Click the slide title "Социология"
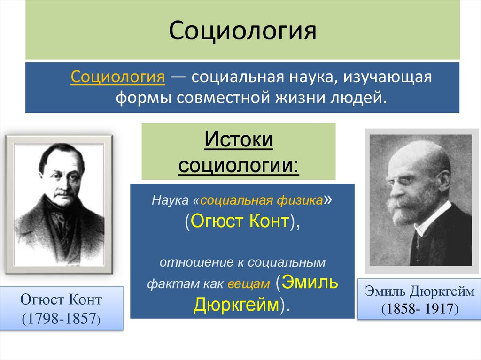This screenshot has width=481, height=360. [x=242, y=31]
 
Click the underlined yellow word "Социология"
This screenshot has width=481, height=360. [x=117, y=77]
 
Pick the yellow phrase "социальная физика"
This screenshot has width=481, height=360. [x=261, y=200]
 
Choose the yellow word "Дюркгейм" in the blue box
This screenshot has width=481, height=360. [x=236, y=306]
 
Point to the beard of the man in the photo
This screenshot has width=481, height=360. [x=404, y=211]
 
